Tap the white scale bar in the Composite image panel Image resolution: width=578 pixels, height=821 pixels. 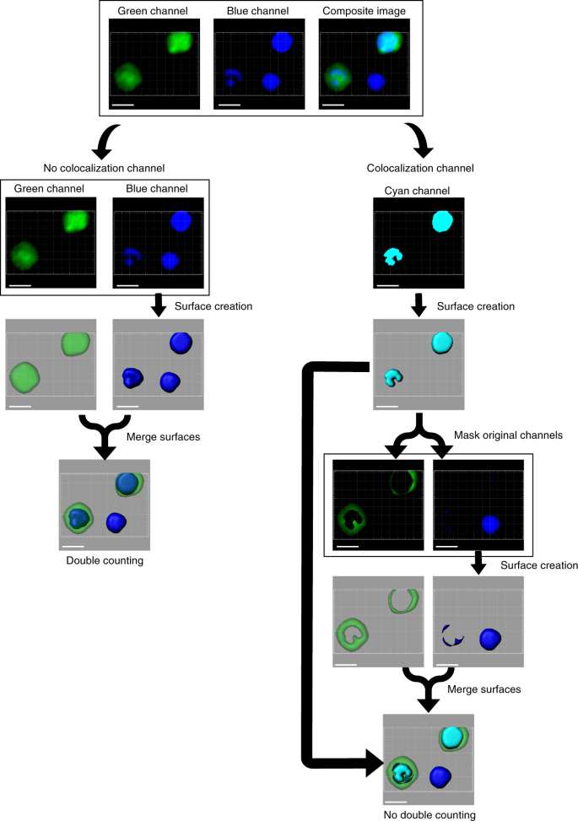[333, 105]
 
